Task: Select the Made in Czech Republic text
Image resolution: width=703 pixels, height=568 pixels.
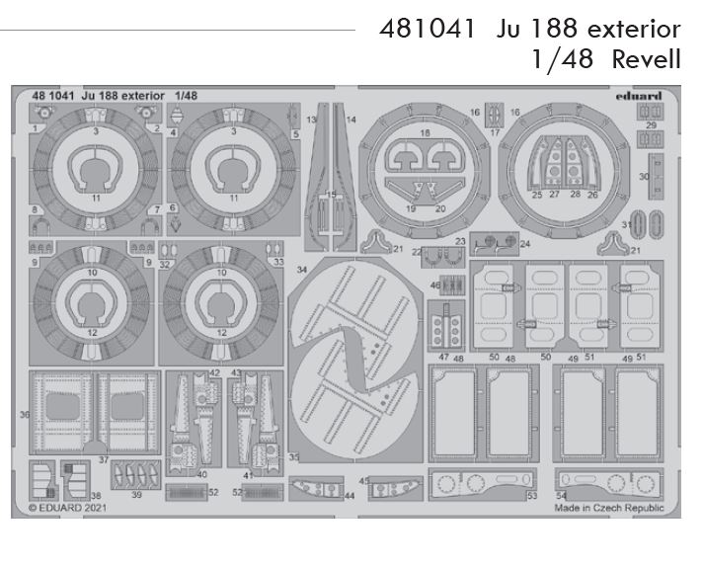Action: point(608,508)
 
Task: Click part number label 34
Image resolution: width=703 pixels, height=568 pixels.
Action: point(301,269)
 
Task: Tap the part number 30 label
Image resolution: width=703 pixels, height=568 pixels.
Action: point(643,176)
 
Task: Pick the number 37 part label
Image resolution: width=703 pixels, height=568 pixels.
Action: point(103,460)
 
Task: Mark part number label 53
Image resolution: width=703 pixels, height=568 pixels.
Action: point(531,495)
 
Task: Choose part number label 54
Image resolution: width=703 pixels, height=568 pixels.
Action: point(561,495)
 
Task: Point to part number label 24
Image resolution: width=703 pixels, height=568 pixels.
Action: point(524,243)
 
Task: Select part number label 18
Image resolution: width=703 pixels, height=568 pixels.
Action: point(425,131)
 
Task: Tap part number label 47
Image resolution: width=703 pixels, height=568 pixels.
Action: point(443,357)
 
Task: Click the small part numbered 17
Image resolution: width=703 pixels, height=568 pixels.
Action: point(496,115)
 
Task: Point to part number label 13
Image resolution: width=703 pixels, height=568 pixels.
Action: point(310,119)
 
